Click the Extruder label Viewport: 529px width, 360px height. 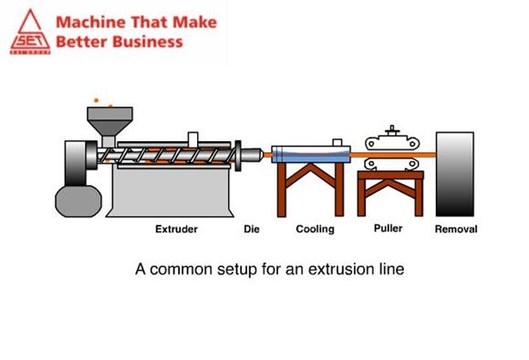point(176,229)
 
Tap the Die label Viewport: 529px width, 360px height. point(252,229)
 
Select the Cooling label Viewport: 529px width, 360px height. point(315,229)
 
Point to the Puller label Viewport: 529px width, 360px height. point(389,228)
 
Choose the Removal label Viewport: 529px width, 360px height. point(456,229)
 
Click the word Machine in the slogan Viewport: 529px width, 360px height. point(91,22)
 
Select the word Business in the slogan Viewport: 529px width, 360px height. point(148,42)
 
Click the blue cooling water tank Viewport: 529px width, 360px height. point(311,154)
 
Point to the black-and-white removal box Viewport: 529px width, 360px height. point(455,174)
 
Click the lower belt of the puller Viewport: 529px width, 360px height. point(391,164)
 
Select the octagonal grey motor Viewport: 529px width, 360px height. point(78,201)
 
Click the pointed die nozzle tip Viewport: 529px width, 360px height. point(262,155)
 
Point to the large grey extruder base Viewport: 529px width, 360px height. point(170,191)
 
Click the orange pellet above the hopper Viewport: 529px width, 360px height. point(96,100)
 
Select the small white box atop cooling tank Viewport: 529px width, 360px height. point(337,142)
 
